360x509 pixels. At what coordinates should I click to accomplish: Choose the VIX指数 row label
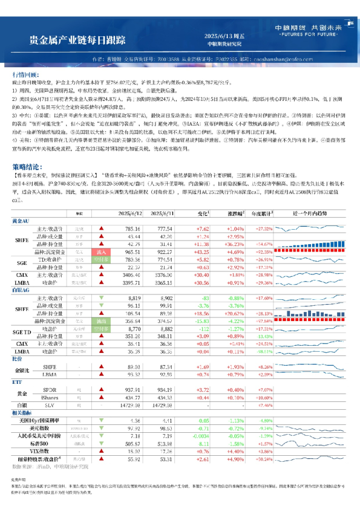(x=45, y=450)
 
